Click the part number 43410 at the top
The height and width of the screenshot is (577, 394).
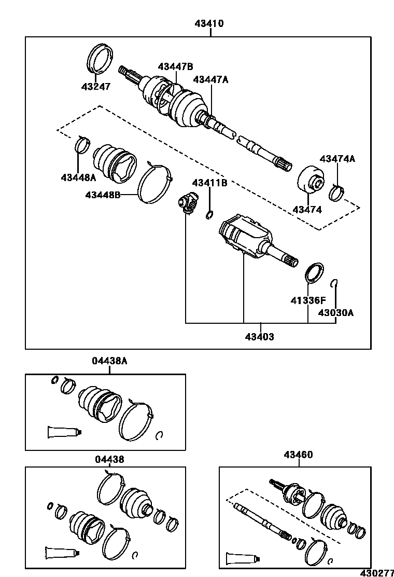pos(210,23)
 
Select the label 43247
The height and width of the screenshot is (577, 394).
pos(95,87)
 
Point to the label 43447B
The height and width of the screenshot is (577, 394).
pos(175,66)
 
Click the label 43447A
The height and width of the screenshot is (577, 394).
pos(210,79)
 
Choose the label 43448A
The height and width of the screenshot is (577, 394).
pos(78,177)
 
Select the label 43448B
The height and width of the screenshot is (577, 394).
pos(103,195)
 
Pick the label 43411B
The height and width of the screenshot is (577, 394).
pos(209,183)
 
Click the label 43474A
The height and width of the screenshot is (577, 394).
pos(337,159)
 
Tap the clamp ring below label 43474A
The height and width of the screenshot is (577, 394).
pos(338,193)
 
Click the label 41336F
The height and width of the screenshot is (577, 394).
pos(307,300)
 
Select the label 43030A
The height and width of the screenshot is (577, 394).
pos(336,313)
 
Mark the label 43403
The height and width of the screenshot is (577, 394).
pos(259,337)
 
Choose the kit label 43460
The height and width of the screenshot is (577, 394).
pos(298,455)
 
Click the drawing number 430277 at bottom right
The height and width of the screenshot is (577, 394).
pos(377,572)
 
